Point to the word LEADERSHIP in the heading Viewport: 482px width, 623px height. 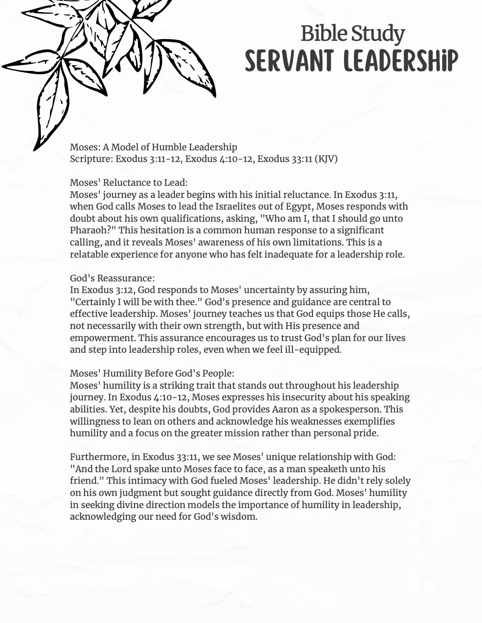[401, 61]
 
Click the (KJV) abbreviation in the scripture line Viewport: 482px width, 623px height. [326, 159]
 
